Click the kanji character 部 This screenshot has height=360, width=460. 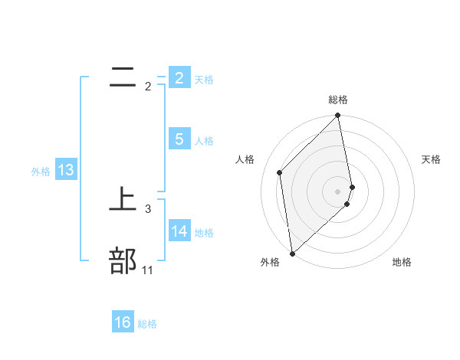pos(123,261)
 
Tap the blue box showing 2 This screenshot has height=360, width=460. pos(179,77)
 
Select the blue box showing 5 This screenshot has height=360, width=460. pos(179,139)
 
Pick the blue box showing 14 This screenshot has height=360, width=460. pos(179,231)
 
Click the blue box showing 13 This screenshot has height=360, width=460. pos(65,170)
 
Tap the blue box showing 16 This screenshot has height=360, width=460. pos(123,322)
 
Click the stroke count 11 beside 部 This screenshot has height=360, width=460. pos(147,270)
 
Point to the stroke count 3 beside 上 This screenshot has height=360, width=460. pos(148,208)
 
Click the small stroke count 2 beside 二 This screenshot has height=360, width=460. pos(148,87)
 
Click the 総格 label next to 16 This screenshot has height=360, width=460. pos(147,324)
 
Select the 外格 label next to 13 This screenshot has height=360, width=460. pos(41,172)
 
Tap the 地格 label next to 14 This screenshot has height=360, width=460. pos(204,232)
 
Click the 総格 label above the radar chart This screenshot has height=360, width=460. pos(338,100)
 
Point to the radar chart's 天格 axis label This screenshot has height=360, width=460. pos(431,159)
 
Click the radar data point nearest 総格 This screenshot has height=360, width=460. pos(338,116)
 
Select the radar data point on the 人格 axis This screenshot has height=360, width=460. pos(280,172)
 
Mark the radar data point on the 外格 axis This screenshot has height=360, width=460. pos(292,253)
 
